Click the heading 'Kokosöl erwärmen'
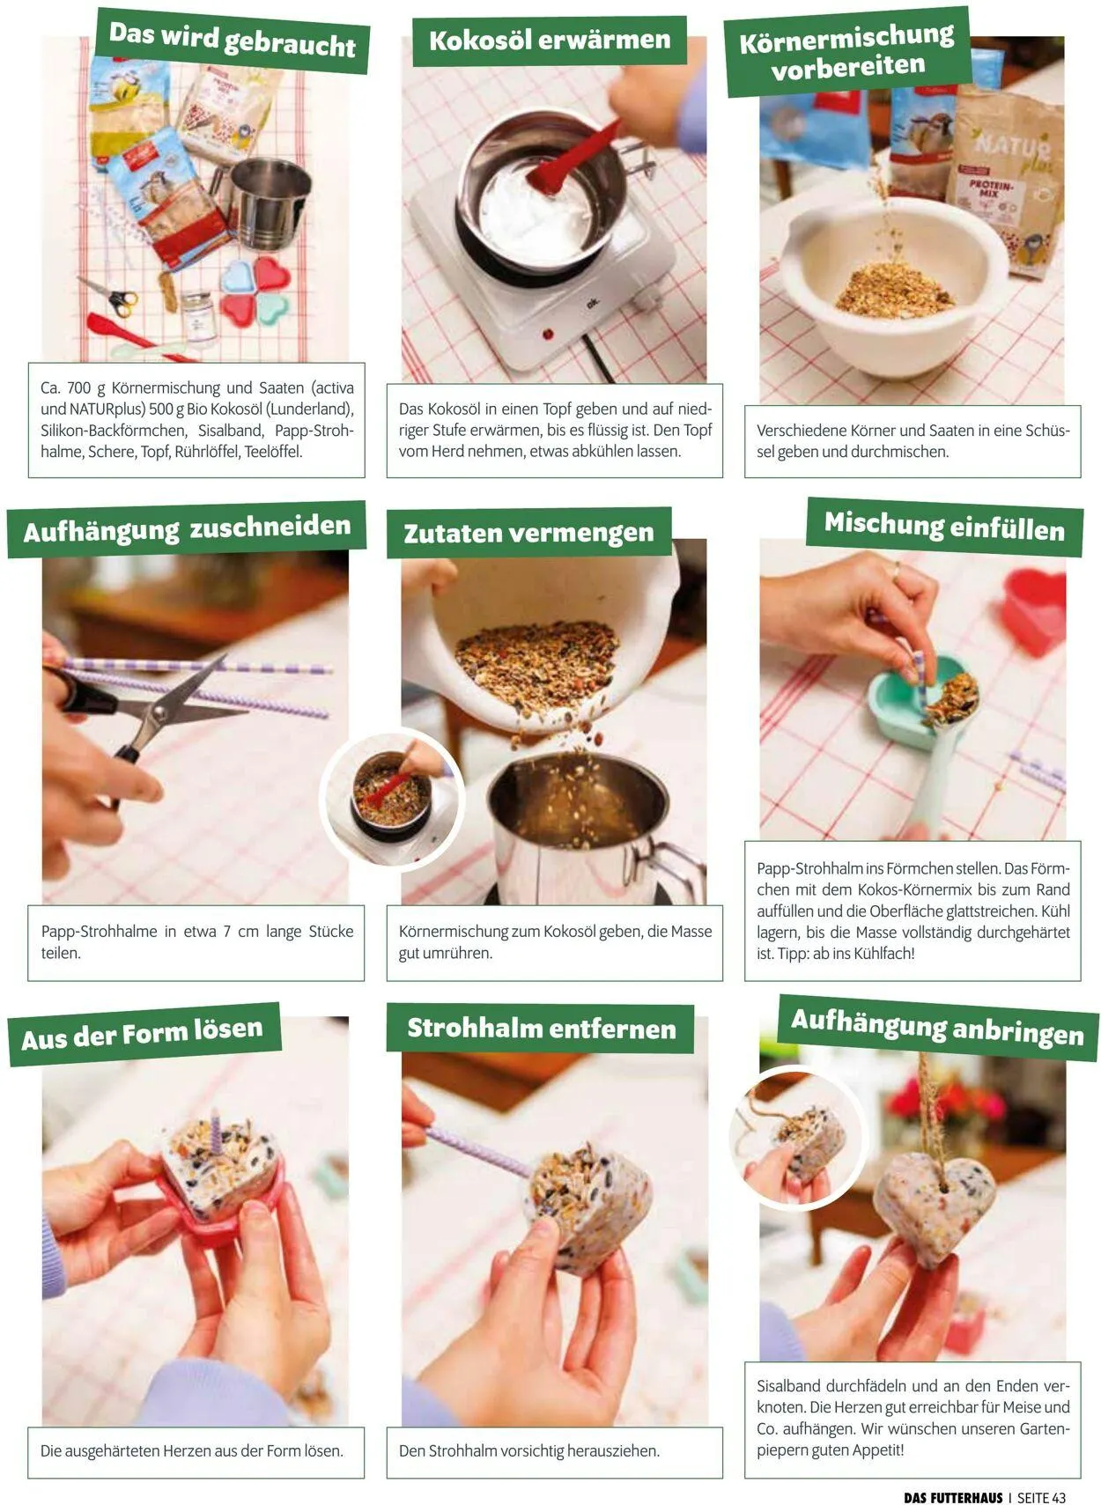tap(549, 41)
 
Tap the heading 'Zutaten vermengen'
tap(528, 533)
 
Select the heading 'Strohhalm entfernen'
tap(541, 1029)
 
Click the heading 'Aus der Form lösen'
tap(142, 1034)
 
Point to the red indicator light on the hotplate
tap(548, 333)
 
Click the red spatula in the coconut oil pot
tap(572, 159)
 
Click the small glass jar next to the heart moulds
tap(197, 315)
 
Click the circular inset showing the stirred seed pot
tap(392, 799)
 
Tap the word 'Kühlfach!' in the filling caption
tap(883, 953)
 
